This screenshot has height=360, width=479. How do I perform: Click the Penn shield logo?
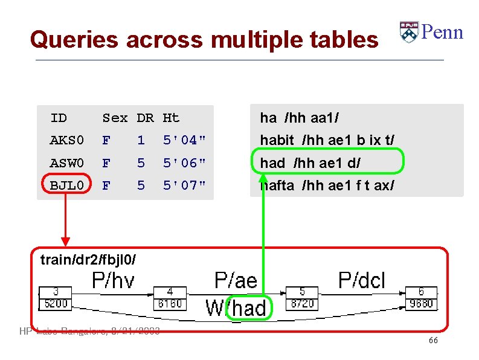tap(409, 33)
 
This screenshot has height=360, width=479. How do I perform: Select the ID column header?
tap(59, 118)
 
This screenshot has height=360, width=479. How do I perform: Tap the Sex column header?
tap(115, 118)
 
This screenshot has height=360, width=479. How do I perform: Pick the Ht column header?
tap(171, 118)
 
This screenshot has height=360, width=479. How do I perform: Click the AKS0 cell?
tap(66, 141)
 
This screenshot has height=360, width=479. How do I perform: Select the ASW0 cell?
tap(66, 163)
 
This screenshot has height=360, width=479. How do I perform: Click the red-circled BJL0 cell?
tap(66, 185)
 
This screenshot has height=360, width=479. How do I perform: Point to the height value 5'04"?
tap(184, 141)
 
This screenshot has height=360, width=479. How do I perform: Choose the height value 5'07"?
tap(184, 185)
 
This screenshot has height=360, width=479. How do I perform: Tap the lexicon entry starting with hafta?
tap(327, 185)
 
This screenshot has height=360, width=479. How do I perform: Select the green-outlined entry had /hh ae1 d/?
tap(327, 163)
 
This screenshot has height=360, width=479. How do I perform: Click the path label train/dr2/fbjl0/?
tap(88, 260)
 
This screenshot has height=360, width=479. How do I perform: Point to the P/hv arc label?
tap(113, 280)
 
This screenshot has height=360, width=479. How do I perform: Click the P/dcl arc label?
tap(361, 280)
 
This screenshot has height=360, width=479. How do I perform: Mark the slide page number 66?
tap(433, 341)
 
